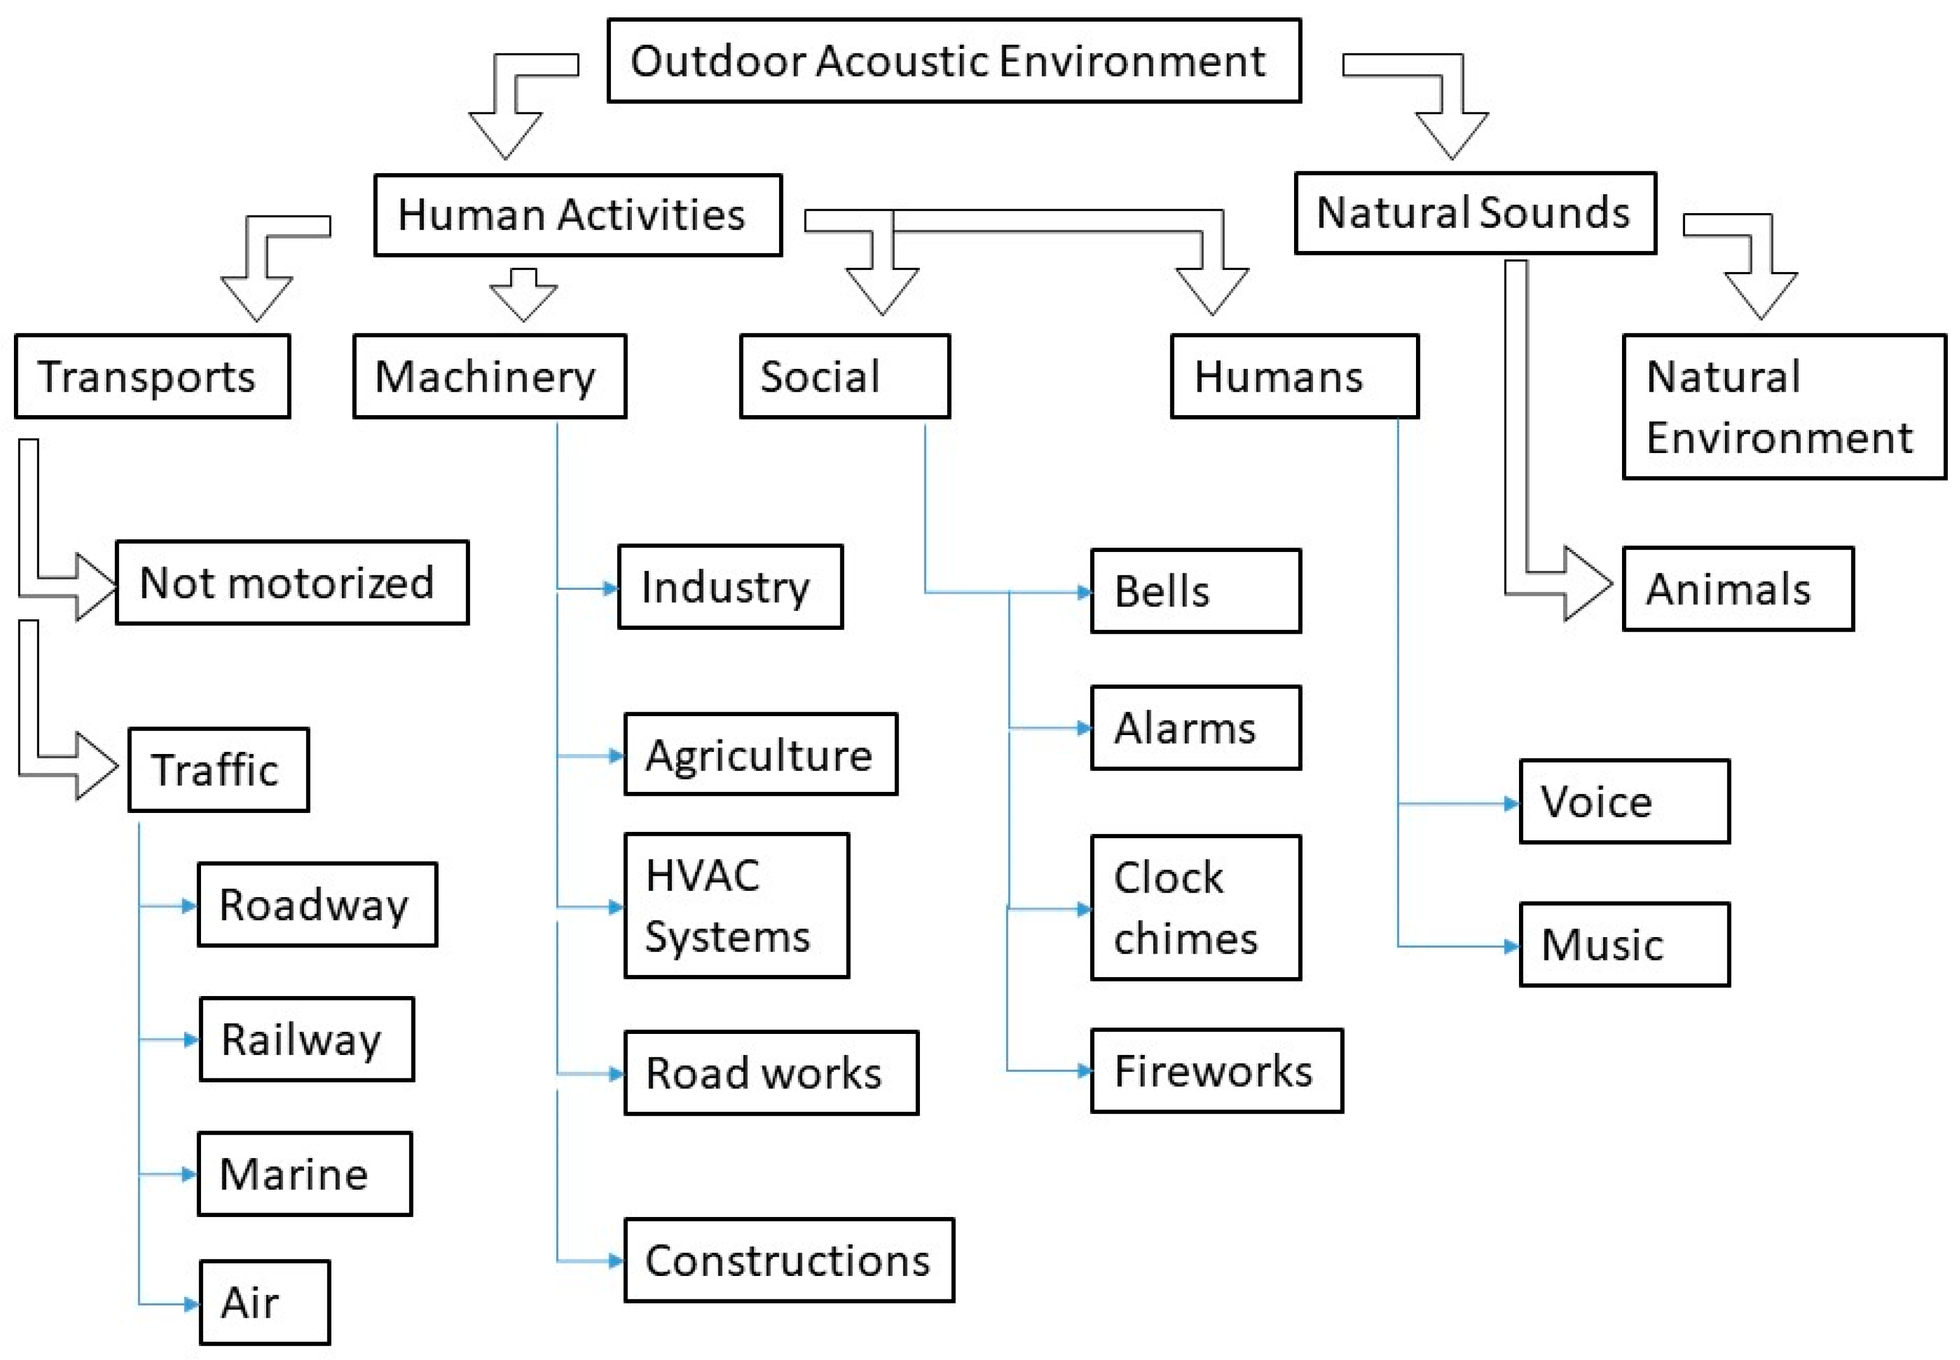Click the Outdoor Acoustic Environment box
[x=953, y=61]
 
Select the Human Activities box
[x=577, y=215]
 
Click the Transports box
[x=152, y=376]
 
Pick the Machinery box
[x=489, y=376]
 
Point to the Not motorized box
[x=292, y=582]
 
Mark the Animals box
[x=1737, y=589]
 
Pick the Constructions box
[x=788, y=1259]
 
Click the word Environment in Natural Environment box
[x=1778, y=438]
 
